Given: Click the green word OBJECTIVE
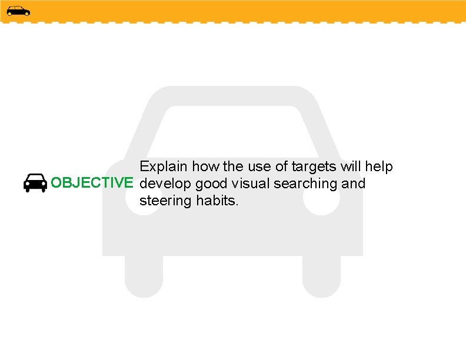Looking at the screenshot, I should click(92, 184).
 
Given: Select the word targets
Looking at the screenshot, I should click(313, 166).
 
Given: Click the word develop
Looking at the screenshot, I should click(165, 184).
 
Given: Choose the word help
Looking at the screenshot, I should click(379, 166).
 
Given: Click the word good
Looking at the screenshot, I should click(212, 184).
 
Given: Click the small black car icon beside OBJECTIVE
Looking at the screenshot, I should click(35, 183).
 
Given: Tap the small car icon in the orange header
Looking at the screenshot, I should click(18, 11).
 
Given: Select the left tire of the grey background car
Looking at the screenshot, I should click(144, 276).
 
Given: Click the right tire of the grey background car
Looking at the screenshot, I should click(321, 276).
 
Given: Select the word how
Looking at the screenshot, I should click(205, 166).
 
